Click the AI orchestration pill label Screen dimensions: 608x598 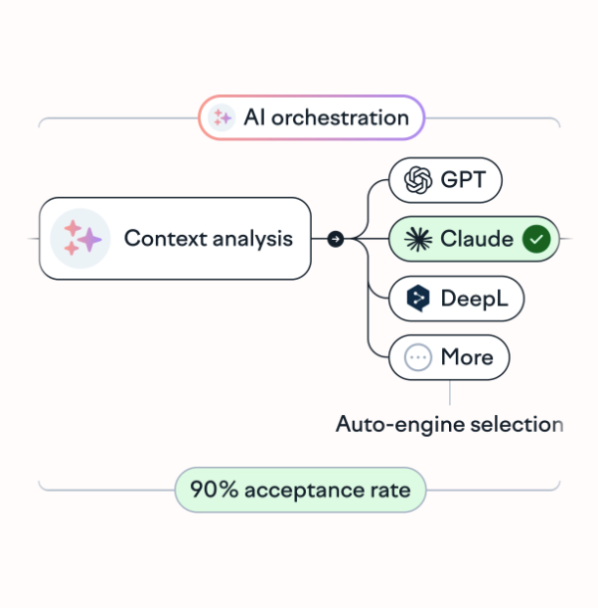pyautogui.click(x=312, y=118)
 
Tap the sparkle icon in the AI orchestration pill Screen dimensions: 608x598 pyautogui.click(x=224, y=118)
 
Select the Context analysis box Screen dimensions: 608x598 pyautogui.click(x=175, y=238)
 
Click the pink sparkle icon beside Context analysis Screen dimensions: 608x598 pyautogui.click(x=80, y=238)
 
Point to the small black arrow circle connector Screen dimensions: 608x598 pyautogui.click(x=335, y=238)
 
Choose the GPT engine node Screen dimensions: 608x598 pyautogui.click(x=445, y=180)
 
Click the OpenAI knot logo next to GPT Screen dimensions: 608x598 pyautogui.click(x=419, y=180)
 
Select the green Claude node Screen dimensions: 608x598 pyautogui.click(x=473, y=239)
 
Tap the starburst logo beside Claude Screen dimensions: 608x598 pyautogui.click(x=419, y=239)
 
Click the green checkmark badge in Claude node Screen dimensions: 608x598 pyautogui.click(x=535, y=239)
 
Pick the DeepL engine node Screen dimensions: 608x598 pyautogui.click(x=456, y=299)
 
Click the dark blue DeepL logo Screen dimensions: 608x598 pyautogui.click(x=419, y=299)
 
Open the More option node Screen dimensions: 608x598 pyautogui.click(x=449, y=357)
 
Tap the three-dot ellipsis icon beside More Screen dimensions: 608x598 pyautogui.click(x=419, y=357)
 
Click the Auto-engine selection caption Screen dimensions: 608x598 pyautogui.click(x=449, y=425)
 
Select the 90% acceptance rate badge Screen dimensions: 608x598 pyautogui.click(x=300, y=490)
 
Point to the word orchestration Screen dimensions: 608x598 pyautogui.click(x=339, y=118)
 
